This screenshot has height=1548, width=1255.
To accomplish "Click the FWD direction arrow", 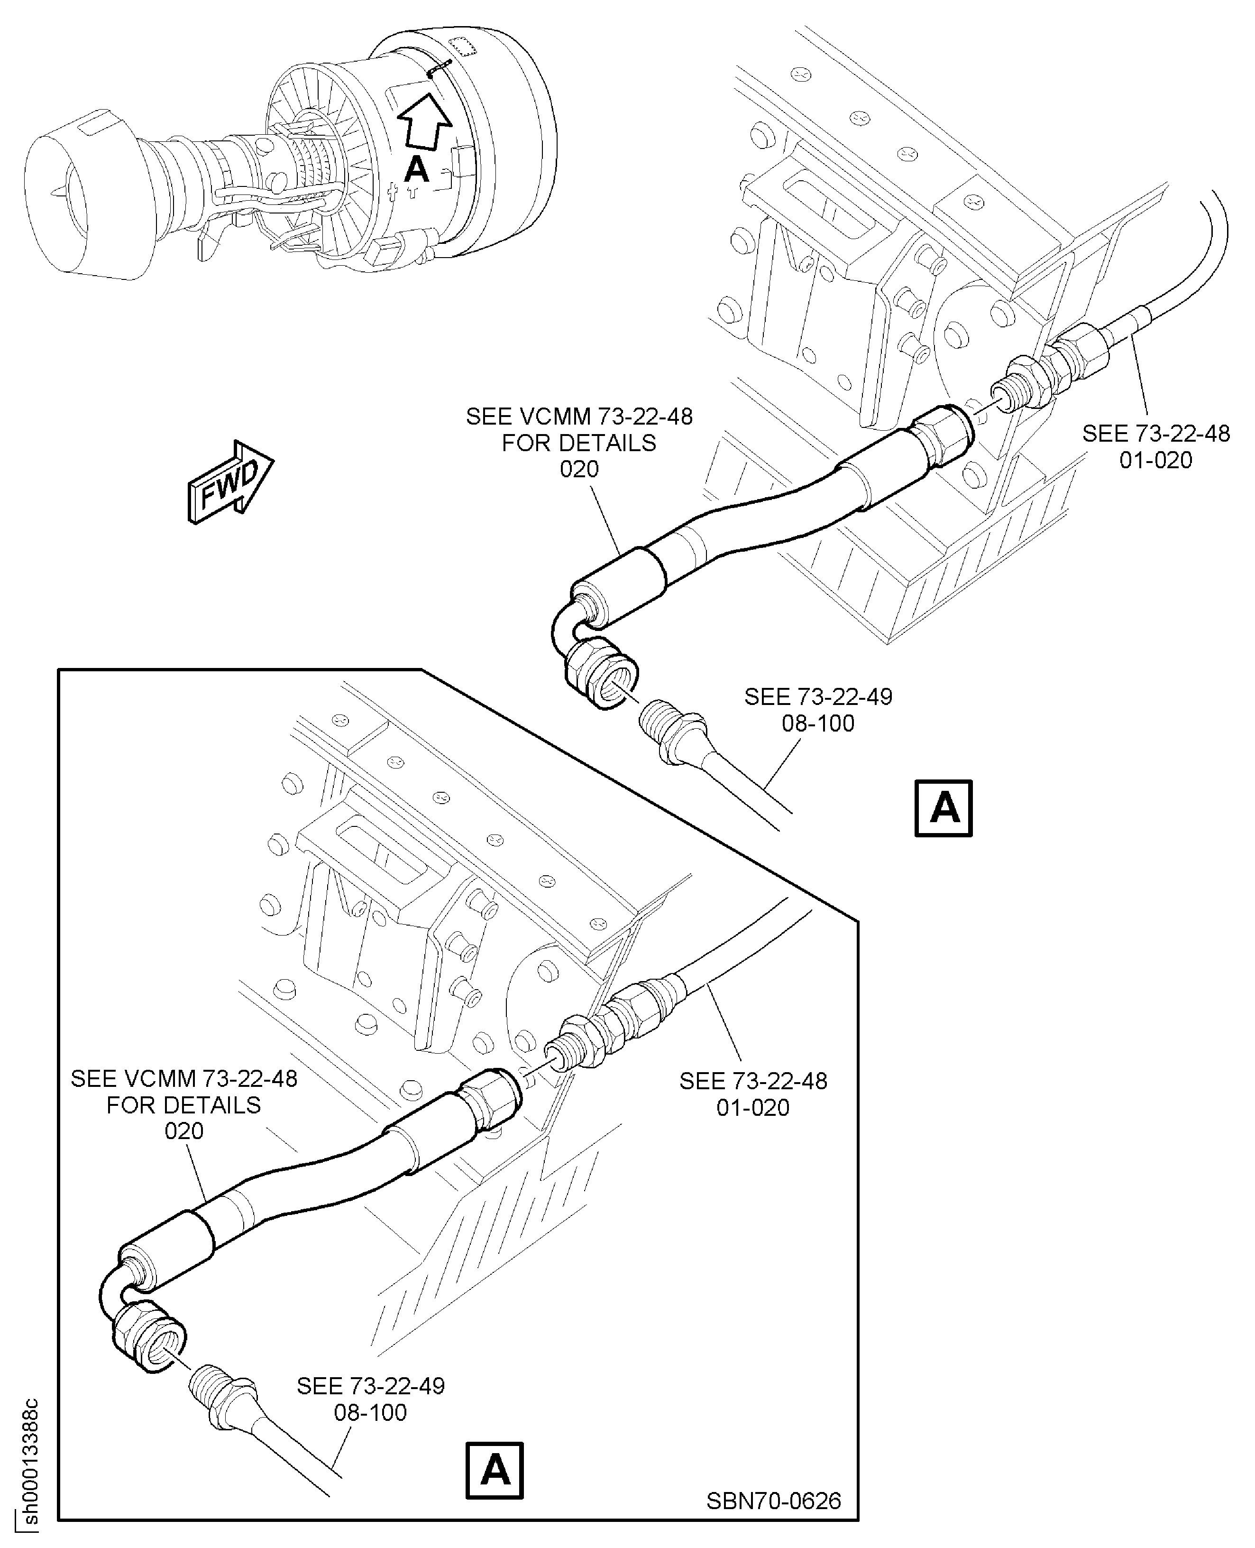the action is [x=230, y=481].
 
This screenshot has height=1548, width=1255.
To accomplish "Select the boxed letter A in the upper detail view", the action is [x=944, y=808].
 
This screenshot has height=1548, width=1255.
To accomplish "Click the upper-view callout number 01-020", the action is [x=1155, y=460].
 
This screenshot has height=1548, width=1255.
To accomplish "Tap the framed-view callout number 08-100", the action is [x=370, y=1412].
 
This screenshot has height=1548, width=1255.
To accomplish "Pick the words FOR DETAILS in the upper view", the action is [x=579, y=443].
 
